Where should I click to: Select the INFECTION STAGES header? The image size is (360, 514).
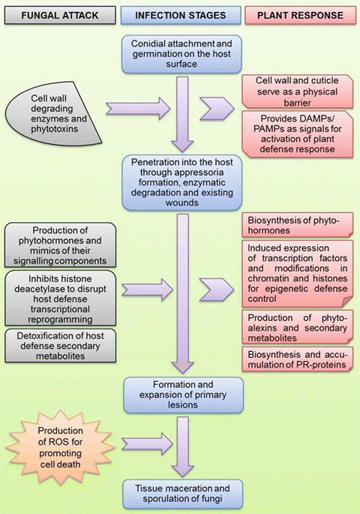click(x=181, y=14)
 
